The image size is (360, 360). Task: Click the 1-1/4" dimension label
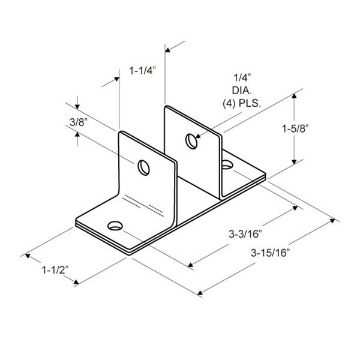point(142,71)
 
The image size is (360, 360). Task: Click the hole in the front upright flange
point(144,166)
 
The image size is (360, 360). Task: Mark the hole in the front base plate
point(114,226)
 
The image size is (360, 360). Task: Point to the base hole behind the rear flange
point(227,163)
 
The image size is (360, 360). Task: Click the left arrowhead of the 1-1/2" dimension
point(26,257)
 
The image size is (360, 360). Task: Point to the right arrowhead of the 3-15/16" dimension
point(334,221)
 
